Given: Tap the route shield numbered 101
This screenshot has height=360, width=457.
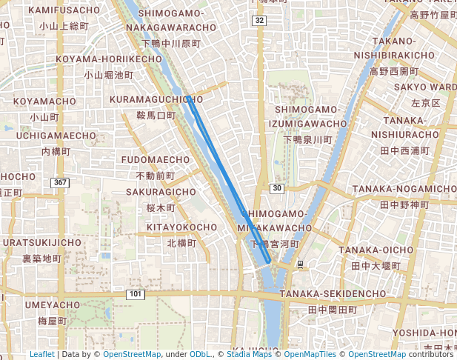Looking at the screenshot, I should [x=134, y=295].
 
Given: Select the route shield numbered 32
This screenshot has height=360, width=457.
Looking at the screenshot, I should [x=258, y=21].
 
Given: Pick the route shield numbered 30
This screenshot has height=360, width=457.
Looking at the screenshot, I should [x=276, y=189].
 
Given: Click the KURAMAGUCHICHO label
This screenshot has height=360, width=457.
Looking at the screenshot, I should [x=156, y=99].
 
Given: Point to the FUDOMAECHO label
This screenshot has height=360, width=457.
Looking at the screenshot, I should [x=156, y=160].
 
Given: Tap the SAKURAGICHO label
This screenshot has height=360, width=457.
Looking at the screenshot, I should [x=161, y=192].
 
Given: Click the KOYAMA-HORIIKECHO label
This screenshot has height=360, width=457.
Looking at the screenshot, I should [x=103, y=59].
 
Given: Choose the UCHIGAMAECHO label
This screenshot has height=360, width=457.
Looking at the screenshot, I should [x=56, y=136].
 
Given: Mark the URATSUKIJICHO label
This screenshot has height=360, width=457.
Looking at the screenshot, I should [x=42, y=242].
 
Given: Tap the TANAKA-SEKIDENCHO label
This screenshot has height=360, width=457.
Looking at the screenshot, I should [x=333, y=294].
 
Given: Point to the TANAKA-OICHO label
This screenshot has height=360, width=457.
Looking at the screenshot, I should [x=376, y=250].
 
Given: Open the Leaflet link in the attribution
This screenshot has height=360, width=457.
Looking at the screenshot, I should [x=41, y=354].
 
